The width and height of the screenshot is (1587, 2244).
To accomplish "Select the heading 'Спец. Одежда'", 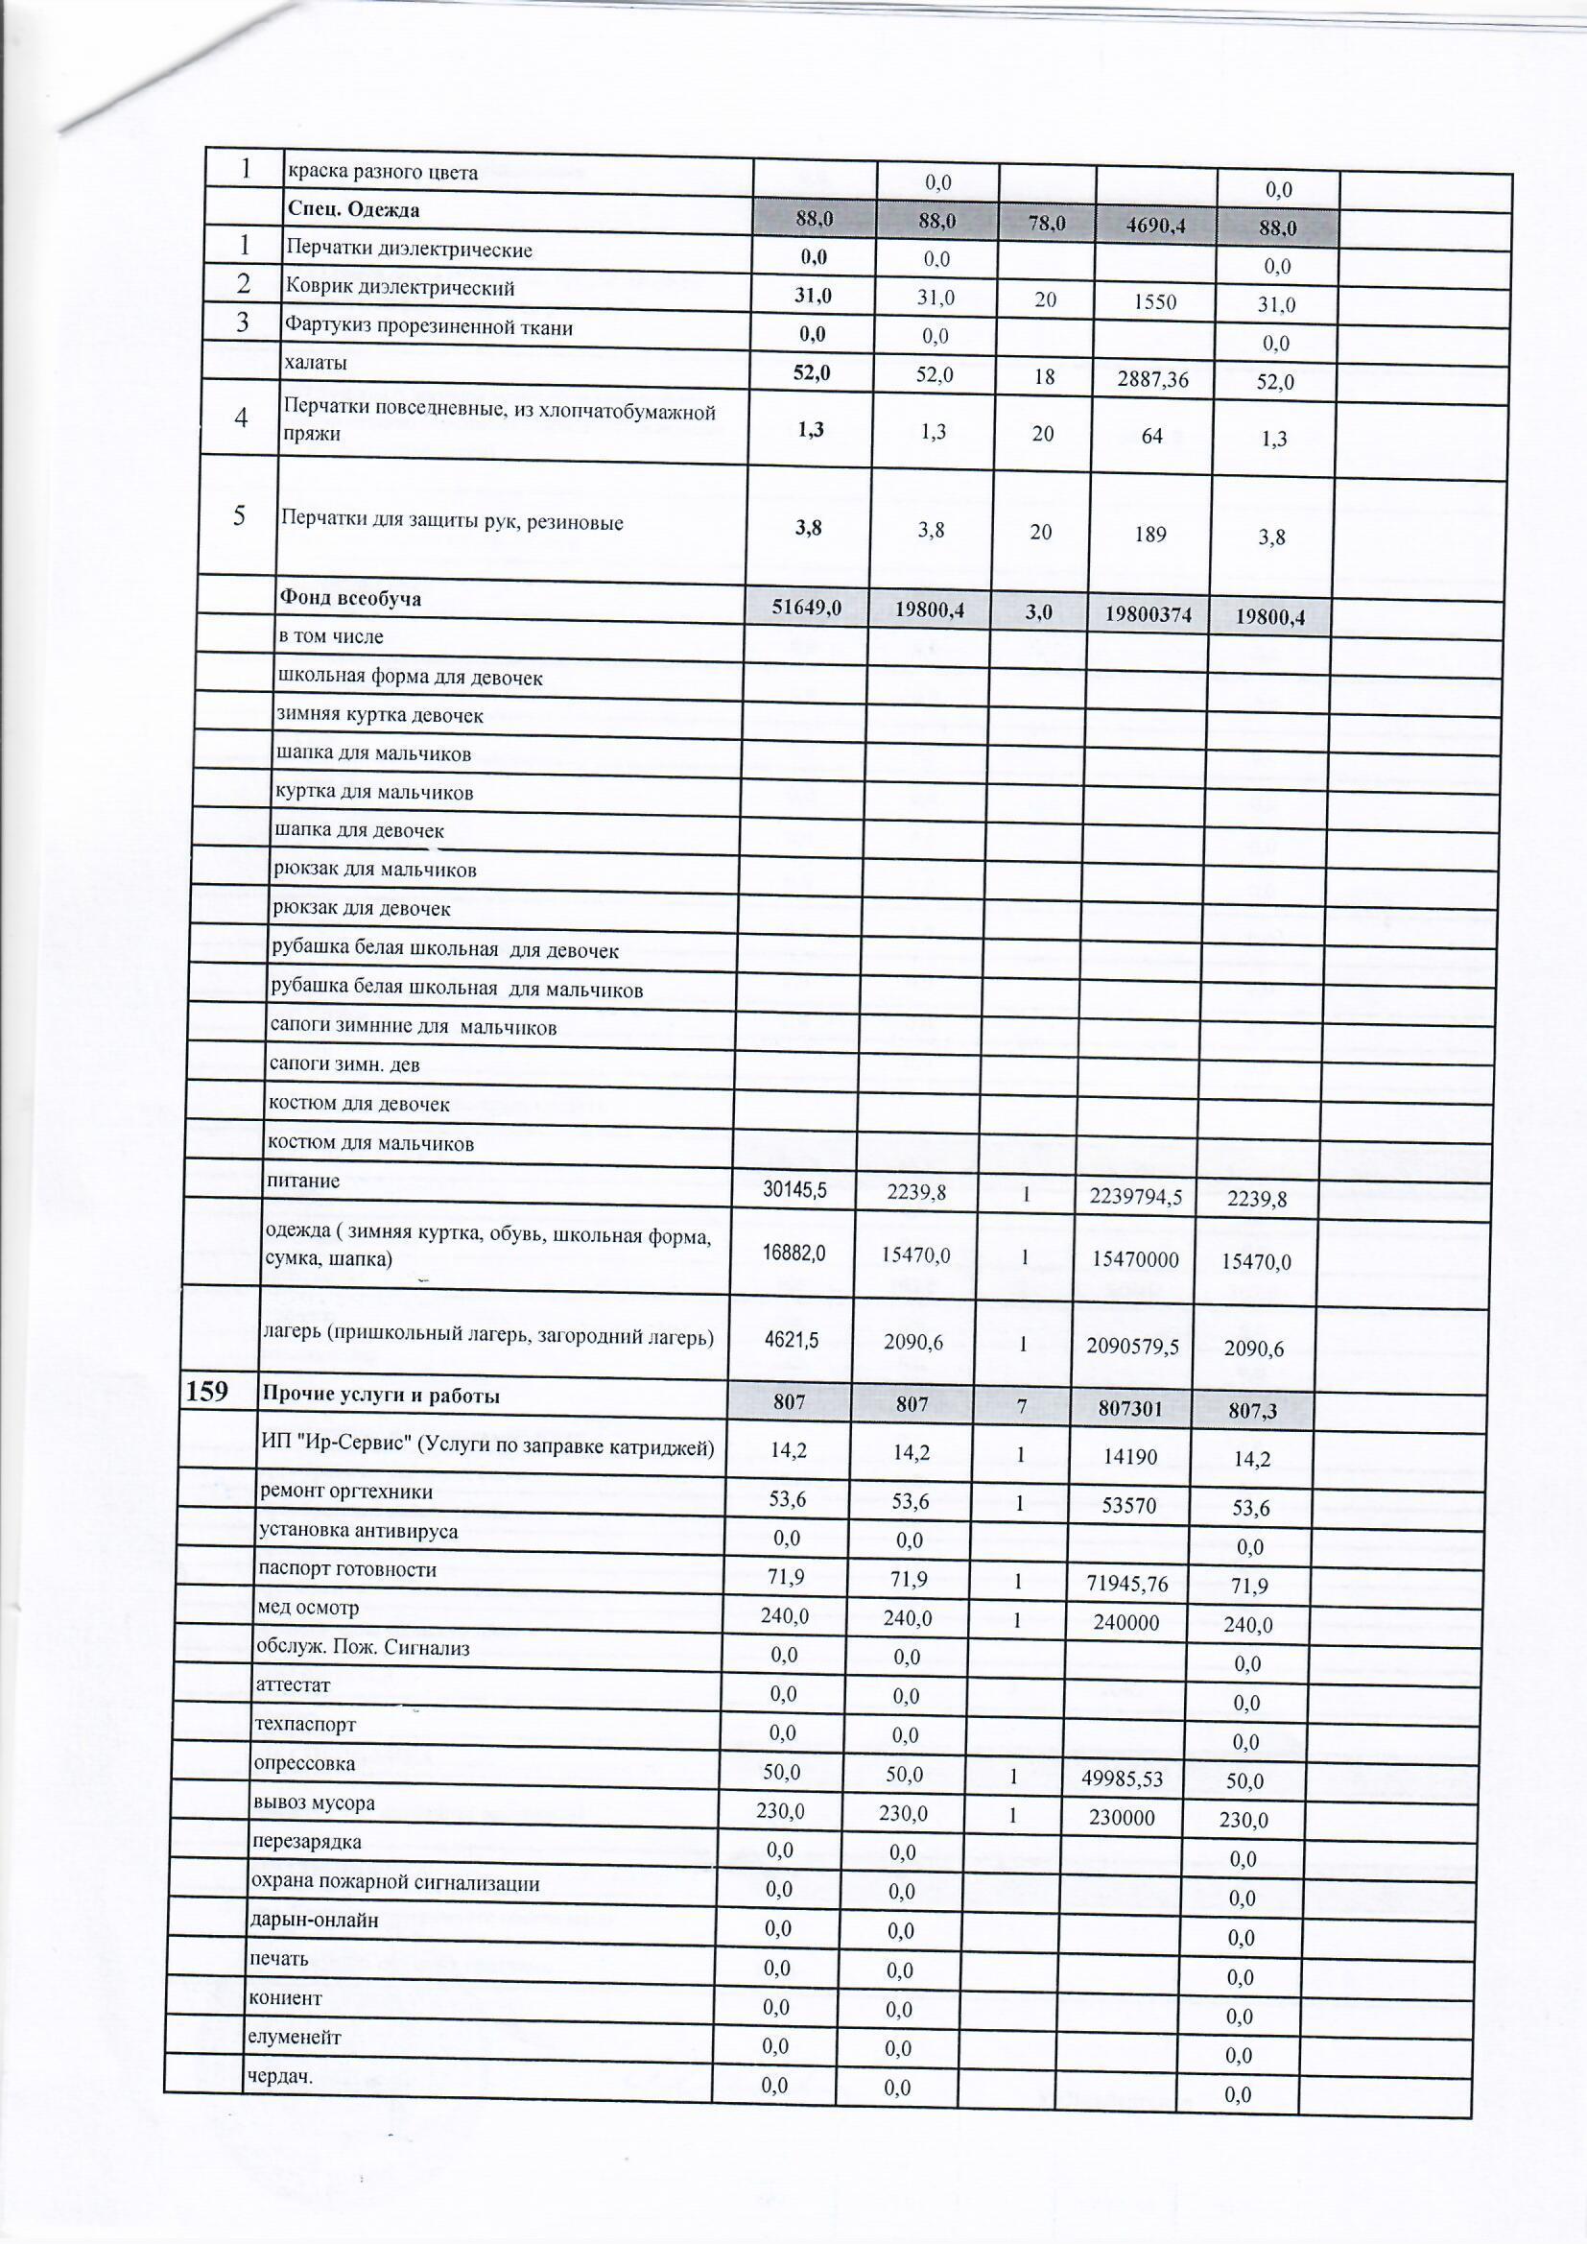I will tap(352, 210).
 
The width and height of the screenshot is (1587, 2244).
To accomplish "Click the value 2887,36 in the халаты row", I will tap(1153, 379).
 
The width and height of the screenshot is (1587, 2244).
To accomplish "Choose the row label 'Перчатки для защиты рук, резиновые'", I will tap(453, 522).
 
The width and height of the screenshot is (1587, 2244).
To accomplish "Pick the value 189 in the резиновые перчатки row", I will tap(1151, 535).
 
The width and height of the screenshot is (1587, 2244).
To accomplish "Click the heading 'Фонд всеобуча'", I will tap(350, 598).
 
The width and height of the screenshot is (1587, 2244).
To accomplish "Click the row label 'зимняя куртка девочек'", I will tap(380, 715).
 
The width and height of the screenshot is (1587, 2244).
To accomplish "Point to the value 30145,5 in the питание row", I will tap(794, 1189).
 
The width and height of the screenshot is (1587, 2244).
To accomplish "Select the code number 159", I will tap(206, 1392).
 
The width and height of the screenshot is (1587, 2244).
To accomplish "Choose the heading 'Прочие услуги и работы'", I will tap(380, 1396).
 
